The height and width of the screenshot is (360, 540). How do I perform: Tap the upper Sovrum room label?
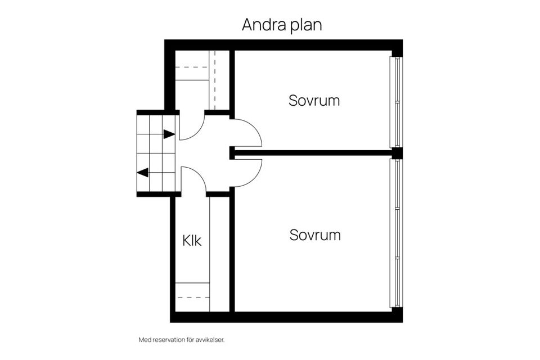314,101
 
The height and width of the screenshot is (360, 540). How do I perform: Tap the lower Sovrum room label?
315,235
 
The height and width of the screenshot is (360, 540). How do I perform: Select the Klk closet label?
192,241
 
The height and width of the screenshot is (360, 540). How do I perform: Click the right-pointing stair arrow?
168,134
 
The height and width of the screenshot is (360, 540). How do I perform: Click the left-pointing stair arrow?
143,173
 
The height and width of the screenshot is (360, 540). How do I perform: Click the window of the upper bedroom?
397,102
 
